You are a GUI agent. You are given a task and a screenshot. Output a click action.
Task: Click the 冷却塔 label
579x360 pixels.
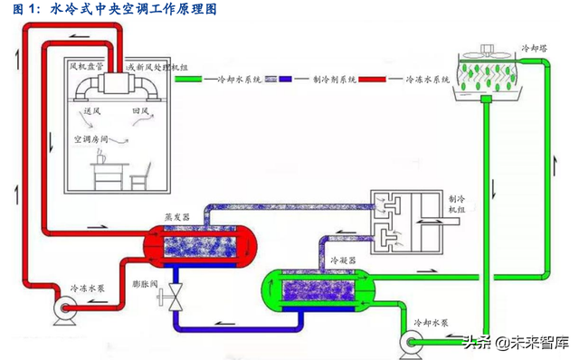(x=536, y=44)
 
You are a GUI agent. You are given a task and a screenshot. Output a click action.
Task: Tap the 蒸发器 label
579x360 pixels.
(x=176, y=218)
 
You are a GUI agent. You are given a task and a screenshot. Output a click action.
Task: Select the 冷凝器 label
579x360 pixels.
(x=341, y=259)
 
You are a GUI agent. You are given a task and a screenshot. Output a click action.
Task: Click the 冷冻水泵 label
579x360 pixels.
(x=89, y=289)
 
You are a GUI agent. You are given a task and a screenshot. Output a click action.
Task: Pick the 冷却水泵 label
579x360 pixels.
(x=431, y=322)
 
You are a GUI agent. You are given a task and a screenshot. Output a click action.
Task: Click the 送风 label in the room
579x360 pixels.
(x=91, y=111)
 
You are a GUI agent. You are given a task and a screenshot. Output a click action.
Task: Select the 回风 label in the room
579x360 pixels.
(x=139, y=111)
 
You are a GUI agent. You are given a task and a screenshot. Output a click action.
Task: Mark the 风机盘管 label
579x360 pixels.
(x=86, y=66)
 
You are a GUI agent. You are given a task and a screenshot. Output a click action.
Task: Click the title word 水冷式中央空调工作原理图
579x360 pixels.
(x=135, y=9)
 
